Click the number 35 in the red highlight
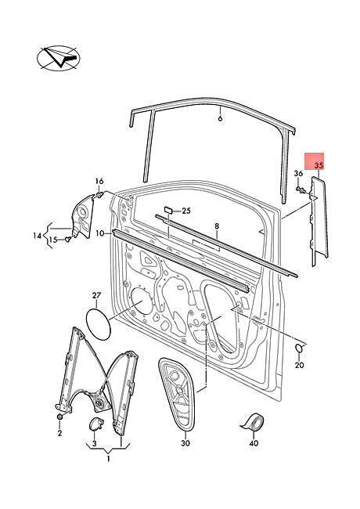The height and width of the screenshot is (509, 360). [319, 165]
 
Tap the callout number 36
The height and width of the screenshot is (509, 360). [298, 174]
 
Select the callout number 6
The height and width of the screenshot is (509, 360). [220, 117]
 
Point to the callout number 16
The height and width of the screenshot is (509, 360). [99, 181]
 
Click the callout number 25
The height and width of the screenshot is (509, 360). [185, 211]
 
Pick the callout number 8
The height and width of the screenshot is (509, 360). [217, 226]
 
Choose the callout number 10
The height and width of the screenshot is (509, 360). [100, 233]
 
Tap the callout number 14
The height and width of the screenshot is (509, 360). [38, 236]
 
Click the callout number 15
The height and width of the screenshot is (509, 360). [53, 240]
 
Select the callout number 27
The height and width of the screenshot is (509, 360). [96, 295]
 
